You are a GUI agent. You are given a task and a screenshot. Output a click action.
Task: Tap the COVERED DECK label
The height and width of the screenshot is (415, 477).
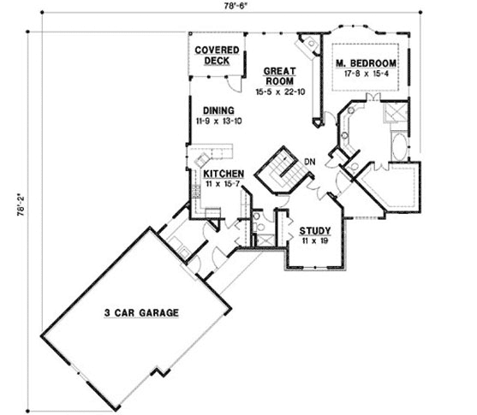[210, 56]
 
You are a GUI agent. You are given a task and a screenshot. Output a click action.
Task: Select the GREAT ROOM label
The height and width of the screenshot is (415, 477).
[279, 76]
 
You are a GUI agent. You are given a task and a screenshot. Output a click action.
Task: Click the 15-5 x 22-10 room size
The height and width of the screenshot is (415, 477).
[280, 90]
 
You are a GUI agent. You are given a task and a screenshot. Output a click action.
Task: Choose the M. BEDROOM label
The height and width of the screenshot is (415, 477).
[367, 64]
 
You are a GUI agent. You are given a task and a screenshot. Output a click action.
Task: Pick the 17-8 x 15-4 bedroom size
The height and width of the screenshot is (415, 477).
[367, 74]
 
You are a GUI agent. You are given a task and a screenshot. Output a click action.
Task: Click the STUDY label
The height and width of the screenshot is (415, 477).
[313, 231]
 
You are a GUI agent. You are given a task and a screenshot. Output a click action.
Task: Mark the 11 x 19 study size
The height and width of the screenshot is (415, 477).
[313, 241]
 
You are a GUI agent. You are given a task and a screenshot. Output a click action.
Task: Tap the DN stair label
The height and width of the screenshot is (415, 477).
[311, 160]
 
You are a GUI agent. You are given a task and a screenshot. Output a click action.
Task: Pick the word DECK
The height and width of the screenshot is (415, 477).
[210, 61]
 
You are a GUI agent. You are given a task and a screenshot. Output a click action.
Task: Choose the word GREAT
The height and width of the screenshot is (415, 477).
[279, 71]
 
